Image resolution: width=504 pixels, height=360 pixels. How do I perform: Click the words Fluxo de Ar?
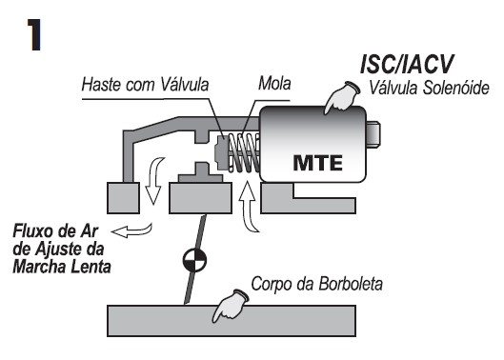click(x=48, y=231)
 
